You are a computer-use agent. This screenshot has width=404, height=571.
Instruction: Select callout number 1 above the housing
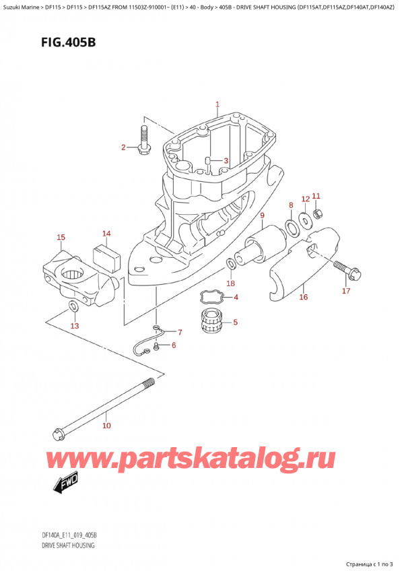pos(217,104)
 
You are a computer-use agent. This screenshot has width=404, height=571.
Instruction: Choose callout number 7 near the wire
pos(180,332)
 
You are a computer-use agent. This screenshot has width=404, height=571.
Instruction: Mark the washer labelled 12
pos(303,217)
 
